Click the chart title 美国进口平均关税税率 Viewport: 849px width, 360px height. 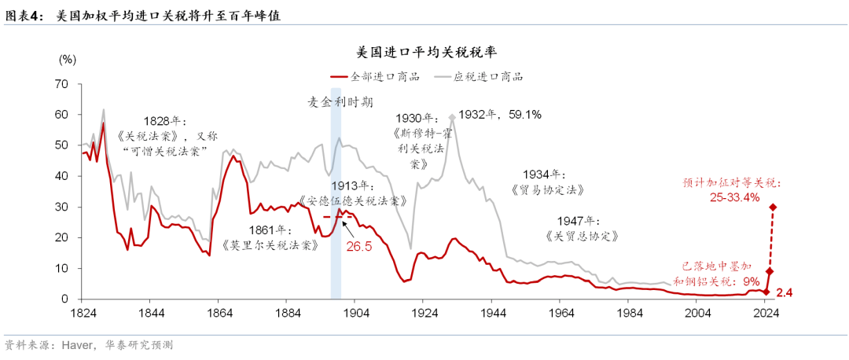click(x=425, y=53)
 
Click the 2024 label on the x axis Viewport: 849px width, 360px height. click(x=764, y=312)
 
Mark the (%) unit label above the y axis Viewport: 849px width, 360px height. click(x=67, y=60)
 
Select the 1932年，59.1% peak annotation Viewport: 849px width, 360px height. click(x=500, y=115)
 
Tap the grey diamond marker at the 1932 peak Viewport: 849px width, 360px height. click(x=451, y=117)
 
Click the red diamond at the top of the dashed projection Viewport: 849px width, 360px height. click(x=773, y=208)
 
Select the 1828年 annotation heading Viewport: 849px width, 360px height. click(x=164, y=121)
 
